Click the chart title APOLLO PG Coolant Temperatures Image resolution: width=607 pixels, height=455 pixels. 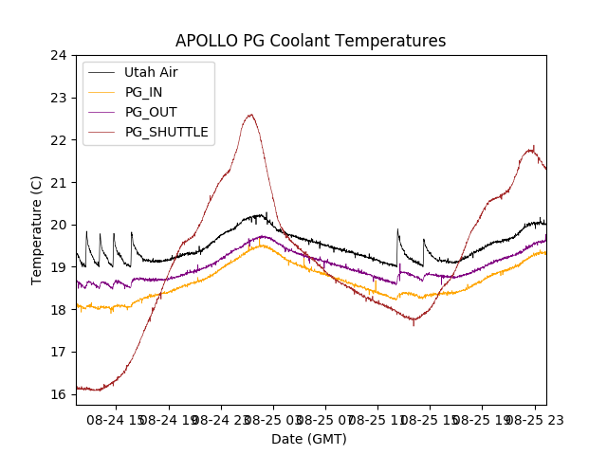tap(310, 42)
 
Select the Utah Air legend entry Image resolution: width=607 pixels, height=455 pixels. tap(151, 72)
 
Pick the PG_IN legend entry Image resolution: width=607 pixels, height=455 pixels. tap(143, 92)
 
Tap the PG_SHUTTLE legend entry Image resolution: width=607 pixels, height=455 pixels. tap(166, 132)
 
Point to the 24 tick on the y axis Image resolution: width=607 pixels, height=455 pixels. tap(58, 55)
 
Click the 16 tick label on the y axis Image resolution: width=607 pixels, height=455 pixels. tap(58, 394)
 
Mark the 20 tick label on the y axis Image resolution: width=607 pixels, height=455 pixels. tap(58, 225)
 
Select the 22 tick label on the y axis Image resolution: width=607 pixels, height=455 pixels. tap(58, 140)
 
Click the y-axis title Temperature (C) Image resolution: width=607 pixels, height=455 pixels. tap(37, 230)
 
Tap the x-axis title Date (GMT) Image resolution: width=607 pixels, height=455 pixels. tap(309, 439)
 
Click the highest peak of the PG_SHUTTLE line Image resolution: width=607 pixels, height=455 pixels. tap(250, 115)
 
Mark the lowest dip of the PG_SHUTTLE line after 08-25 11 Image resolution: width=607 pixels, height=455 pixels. tap(414, 324)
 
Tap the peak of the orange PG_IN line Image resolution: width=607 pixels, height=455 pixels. tap(261, 246)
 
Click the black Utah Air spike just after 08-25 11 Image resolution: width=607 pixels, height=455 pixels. tap(397, 229)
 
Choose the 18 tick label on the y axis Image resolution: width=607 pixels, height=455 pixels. tap(58, 310)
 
